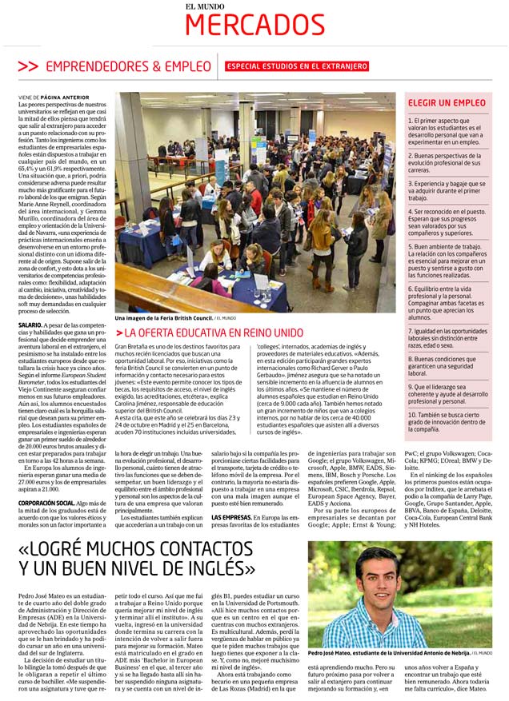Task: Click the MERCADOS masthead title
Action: click(x=254, y=26)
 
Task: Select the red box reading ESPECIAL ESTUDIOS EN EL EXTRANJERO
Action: click(x=297, y=66)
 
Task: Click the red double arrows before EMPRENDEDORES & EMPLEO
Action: click(x=27, y=66)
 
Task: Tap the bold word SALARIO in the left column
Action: click(x=31, y=326)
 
